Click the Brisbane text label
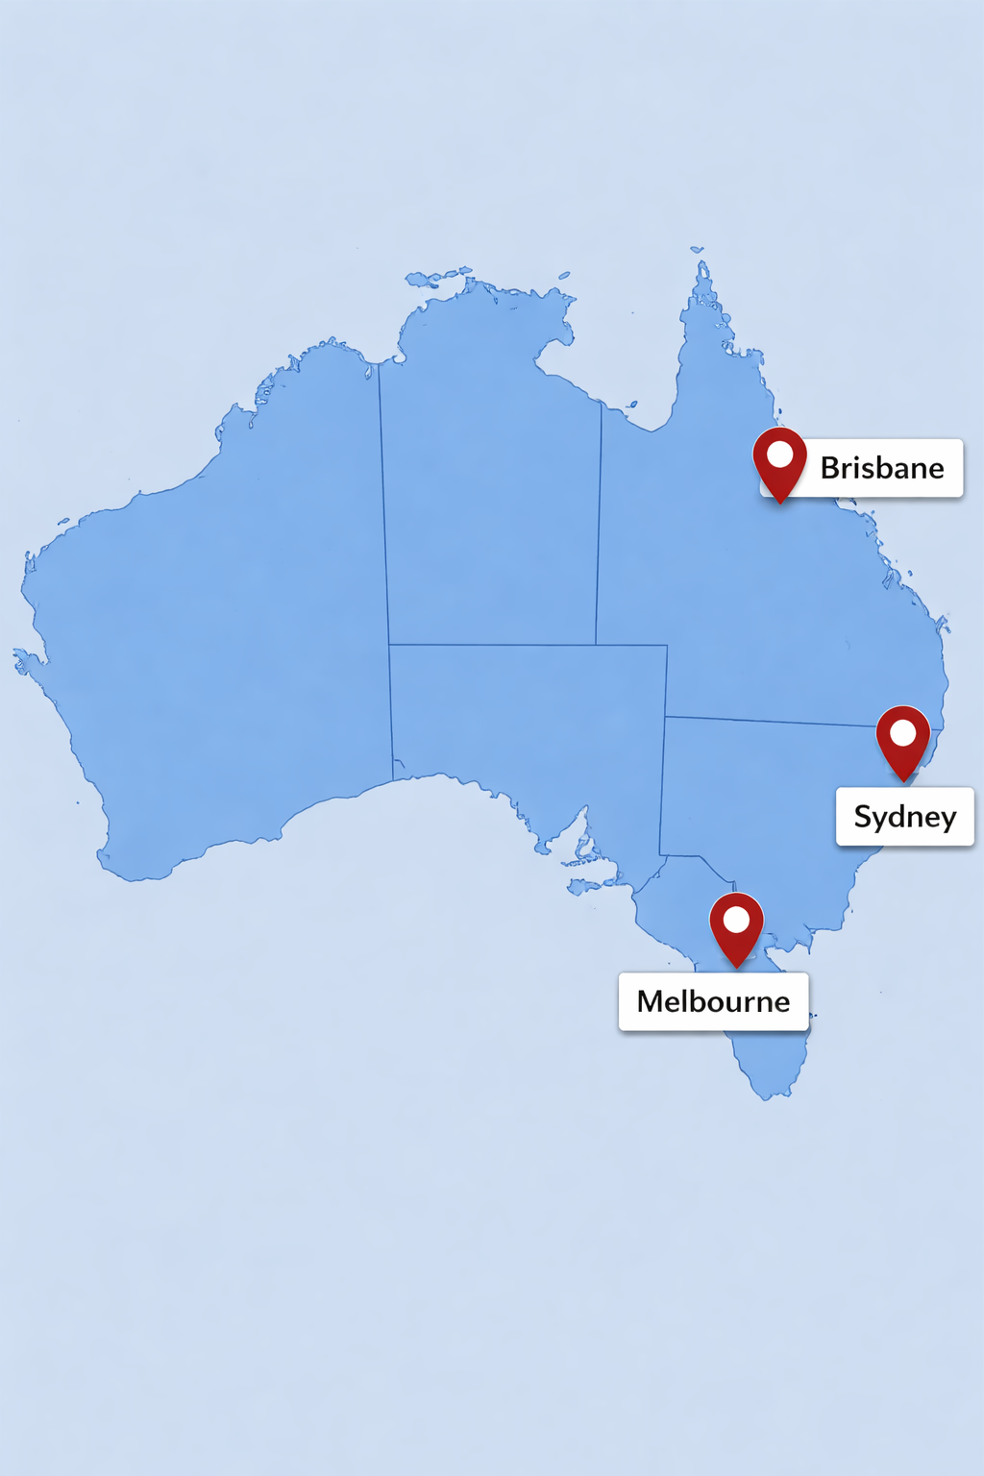[881, 468]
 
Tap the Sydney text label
[904, 817]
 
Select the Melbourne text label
[713, 1001]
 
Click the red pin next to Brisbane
[779, 464]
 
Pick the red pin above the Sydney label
[903, 741]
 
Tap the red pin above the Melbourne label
[736, 927]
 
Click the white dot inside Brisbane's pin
[779, 454]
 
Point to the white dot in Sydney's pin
[903, 733]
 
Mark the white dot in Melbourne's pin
[736, 920]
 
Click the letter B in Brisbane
[831, 468]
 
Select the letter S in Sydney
[863, 817]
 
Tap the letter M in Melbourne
[652, 1001]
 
